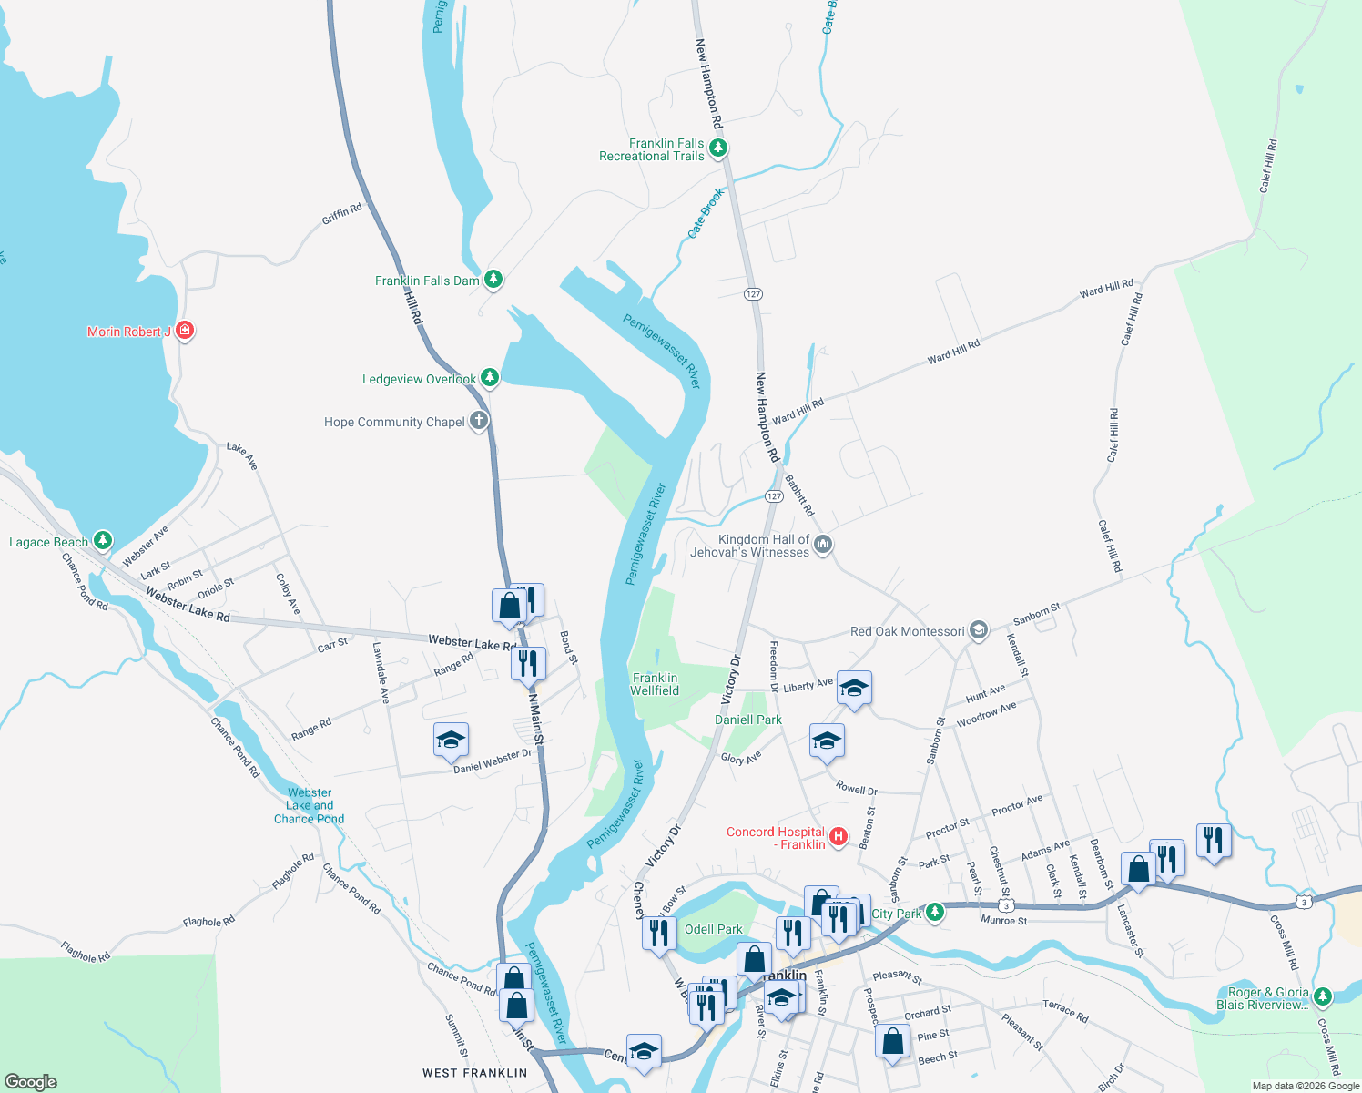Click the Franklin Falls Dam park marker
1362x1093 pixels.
[x=493, y=279]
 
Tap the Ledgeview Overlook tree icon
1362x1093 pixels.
[x=490, y=377]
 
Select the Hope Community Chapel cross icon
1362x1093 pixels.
[x=479, y=421]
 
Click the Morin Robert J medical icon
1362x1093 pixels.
[x=185, y=330]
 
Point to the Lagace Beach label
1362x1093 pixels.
[x=49, y=542]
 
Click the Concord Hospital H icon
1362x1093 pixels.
[x=839, y=836]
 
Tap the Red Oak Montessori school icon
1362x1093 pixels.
[x=979, y=630]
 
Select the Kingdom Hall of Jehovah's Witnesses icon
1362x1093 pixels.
[x=823, y=545]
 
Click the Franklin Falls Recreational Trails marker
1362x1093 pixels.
[x=718, y=148]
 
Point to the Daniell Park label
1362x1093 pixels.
[x=748, y=720]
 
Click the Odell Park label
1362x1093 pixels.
[x=714, y=929]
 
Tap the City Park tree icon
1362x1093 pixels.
[x=935, y=913]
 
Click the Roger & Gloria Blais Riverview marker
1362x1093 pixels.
[x=1323, y=996]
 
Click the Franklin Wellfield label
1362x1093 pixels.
[x=656, y=684]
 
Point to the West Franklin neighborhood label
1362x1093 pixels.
[x=474, y=1073]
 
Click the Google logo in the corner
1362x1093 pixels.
[x=31, y=1081]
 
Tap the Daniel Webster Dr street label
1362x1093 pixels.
[x=493, y=761]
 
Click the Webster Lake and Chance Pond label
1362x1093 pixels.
[x=310, y=806]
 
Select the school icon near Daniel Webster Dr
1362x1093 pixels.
[x=451, y=740]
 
